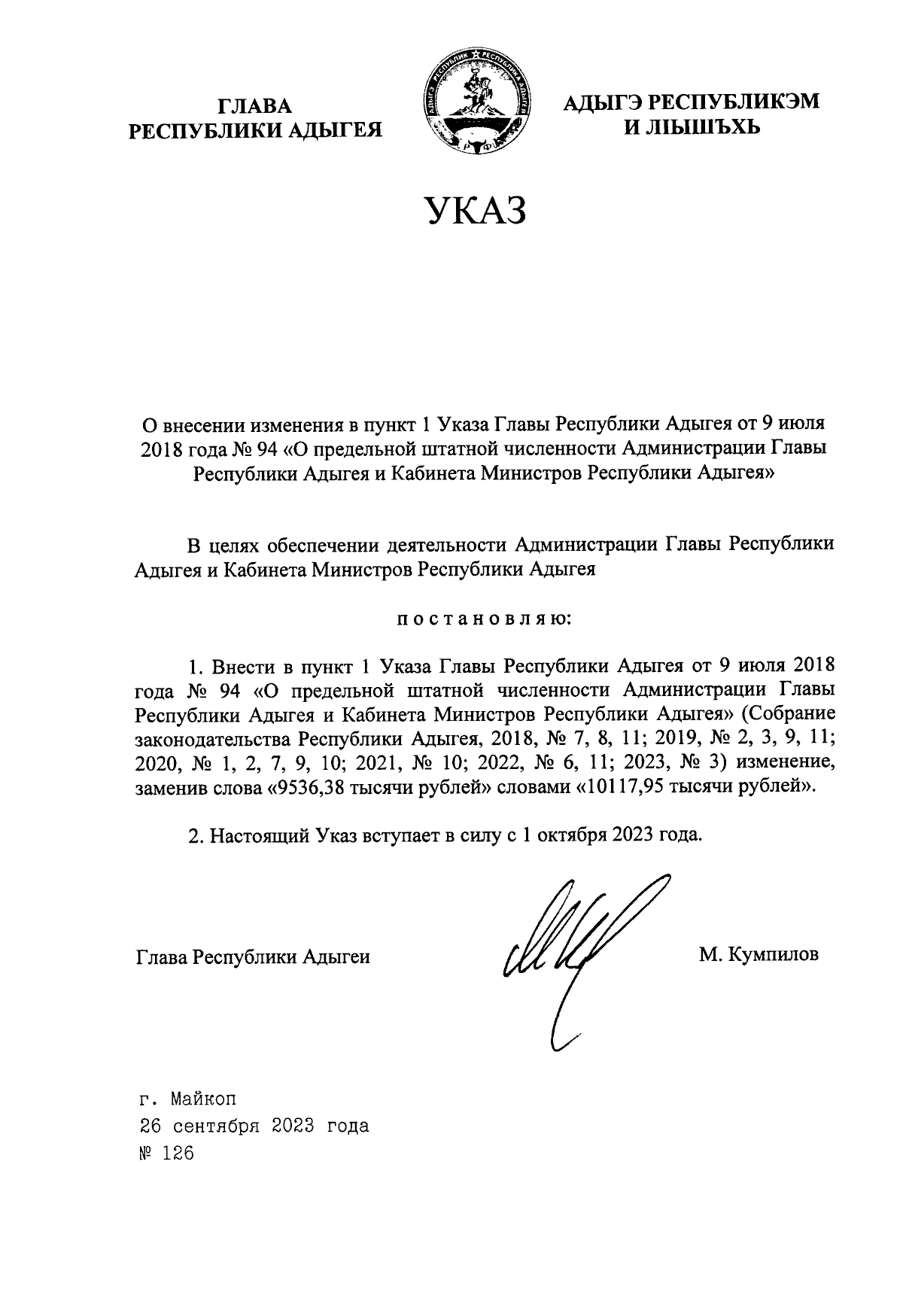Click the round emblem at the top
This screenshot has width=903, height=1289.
click(476, 102)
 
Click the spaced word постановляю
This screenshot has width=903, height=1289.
click(484, 620)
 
